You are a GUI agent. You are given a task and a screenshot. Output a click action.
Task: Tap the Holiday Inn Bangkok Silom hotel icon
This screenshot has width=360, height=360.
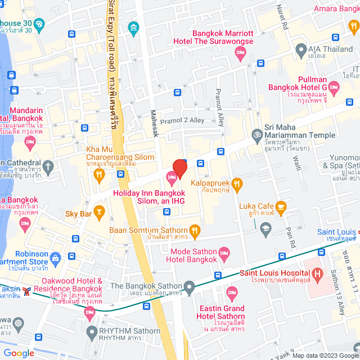tap(172, 179)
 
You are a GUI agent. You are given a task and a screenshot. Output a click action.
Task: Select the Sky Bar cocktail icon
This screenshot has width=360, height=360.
tap(100, 212)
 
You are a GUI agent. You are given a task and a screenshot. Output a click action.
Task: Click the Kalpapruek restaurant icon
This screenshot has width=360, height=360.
tap(237, 183)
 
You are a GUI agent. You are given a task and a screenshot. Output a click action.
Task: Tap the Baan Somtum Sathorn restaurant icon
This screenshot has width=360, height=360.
tap(195, 229)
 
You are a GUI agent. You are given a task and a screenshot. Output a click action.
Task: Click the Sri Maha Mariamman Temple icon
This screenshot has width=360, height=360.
tap(257, 134)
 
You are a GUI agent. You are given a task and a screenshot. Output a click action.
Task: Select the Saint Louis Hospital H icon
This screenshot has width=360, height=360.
tap(318, 274)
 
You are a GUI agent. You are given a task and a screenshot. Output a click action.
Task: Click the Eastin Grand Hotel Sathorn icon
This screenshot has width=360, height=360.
tap(231, 292)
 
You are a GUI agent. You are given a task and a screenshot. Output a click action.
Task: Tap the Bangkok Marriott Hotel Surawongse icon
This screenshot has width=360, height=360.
tap(240, 53)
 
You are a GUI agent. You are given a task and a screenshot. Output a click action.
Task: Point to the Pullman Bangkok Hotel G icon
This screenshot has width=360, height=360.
tap(334, 87)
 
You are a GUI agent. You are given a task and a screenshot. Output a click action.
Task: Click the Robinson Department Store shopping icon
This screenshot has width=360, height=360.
tap(55, 258)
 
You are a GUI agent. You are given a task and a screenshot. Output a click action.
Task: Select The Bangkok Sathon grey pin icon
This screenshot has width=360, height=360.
tap(190, 289)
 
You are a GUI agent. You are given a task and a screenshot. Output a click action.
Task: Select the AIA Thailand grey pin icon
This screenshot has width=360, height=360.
tap(301, 49)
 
